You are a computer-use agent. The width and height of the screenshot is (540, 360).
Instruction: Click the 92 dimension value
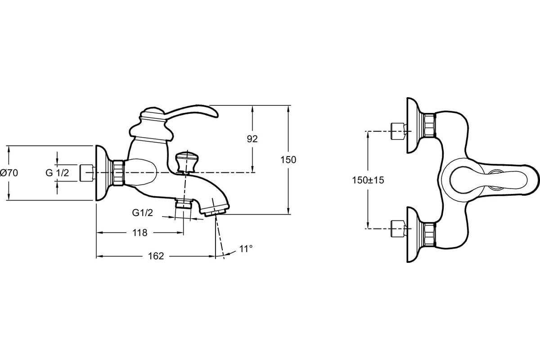(x=252, y=139)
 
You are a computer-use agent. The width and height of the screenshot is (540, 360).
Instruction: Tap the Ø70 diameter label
(x=9, y=173)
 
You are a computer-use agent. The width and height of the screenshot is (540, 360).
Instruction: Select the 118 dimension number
(x=140, y=233)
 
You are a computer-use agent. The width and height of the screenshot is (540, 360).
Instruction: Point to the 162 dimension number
(x=156, y=256)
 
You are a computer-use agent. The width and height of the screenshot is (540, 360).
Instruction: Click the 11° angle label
(x=246, y=248)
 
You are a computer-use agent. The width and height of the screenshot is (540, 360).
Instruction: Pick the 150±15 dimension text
(x=368, y=180)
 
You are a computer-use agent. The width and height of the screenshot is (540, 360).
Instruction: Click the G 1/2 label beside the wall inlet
(x=58, y=173)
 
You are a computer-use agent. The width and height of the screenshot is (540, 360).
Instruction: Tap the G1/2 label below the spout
(x=143, y=213)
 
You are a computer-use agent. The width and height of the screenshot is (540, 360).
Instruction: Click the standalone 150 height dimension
(x=288, y=160)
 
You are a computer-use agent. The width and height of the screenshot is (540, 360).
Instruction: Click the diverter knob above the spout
(x=185, y=162)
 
